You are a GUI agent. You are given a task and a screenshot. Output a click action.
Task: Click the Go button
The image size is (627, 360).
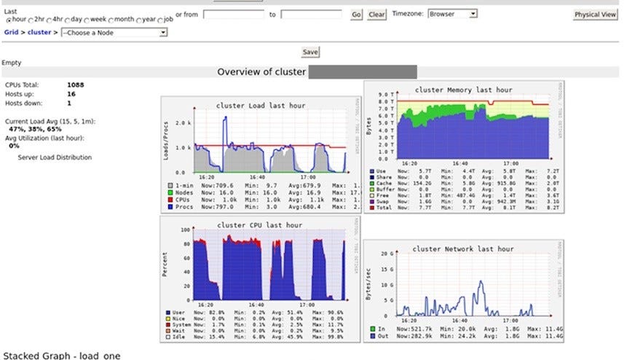pos(356,14)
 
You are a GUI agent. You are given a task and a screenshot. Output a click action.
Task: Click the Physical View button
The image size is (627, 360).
pos(595,15)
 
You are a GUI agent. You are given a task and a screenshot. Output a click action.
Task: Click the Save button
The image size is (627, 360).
pos(310,52)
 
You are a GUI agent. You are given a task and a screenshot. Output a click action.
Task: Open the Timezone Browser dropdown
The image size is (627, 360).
pos(451,14)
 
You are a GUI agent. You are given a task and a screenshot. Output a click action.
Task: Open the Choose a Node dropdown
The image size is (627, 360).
pos(114,32)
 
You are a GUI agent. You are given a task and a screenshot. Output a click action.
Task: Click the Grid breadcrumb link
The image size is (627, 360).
pos(11,32)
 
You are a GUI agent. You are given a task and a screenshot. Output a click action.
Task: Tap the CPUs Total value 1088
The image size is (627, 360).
pos(75,85)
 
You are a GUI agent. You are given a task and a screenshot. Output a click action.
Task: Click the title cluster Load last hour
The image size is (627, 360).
pos(261,106)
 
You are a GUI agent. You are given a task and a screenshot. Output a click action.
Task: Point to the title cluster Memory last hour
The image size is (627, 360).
pos(463,90)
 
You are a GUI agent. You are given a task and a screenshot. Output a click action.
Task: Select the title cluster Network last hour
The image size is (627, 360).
pos(462,249)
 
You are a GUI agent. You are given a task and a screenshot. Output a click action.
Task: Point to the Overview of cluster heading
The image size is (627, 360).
pos(261,71)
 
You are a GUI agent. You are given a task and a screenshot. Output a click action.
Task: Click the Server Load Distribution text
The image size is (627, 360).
pos(55,157)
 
